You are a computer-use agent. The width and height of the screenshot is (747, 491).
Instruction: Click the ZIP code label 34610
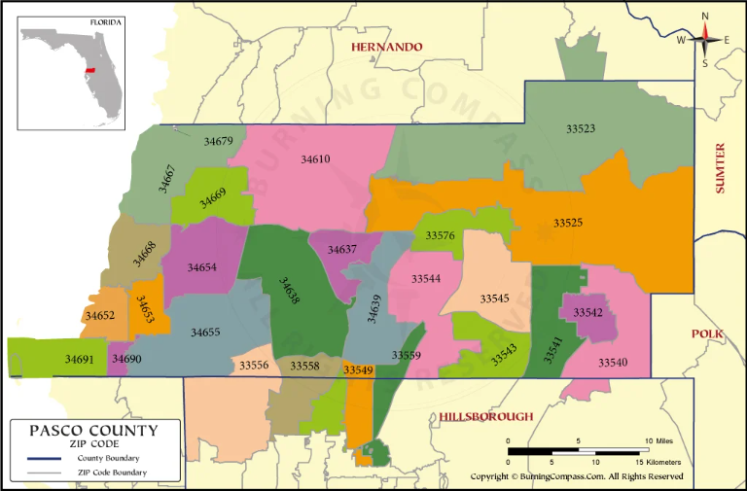315,158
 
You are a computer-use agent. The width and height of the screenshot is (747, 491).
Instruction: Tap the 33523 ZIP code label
581,127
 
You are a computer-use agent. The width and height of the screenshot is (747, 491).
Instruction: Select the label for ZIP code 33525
568,223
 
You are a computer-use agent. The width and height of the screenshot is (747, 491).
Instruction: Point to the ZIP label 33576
440,235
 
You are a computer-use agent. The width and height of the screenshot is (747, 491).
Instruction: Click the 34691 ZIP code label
79,359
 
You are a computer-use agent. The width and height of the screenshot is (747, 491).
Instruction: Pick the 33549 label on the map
358,369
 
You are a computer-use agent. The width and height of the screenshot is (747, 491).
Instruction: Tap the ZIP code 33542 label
587,312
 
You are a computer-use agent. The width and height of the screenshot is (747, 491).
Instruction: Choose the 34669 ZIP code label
213,197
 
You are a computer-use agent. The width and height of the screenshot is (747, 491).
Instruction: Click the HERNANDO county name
388,47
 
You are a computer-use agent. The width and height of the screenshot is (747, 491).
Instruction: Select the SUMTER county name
721,168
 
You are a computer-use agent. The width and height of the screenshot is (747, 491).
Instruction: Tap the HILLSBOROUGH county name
485,416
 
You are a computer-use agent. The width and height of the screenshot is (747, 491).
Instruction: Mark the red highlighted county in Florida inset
90,71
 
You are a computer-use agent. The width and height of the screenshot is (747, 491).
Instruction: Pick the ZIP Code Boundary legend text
114,473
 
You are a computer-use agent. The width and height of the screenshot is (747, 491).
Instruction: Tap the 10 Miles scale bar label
658,441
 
